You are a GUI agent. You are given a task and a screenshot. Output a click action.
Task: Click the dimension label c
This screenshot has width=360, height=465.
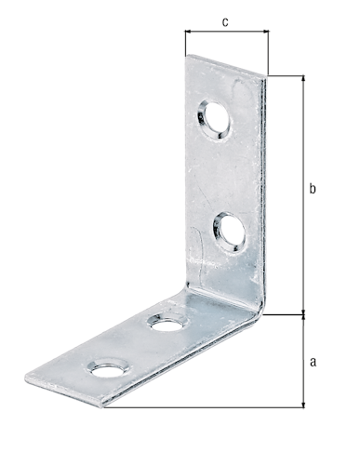click(x=225, y=22)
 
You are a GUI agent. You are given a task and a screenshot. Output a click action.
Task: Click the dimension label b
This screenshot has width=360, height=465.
click(x=313, y=188)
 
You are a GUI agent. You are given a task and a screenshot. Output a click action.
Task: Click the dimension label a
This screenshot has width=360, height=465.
click(x=313, y=362)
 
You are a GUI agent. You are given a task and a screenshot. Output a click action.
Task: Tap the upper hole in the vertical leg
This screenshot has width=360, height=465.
click(x=214, y=120)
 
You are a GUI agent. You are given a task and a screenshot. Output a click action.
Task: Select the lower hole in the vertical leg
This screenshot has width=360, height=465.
click(x=230, y=232)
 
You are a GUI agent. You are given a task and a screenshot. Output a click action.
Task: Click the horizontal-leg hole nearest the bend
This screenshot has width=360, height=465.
click(x=168, y=323)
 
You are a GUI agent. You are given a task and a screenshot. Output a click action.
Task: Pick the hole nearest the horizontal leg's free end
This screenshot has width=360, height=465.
click(x=108, y=369)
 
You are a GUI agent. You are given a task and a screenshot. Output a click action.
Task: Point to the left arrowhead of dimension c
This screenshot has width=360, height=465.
click(x=188, y=31)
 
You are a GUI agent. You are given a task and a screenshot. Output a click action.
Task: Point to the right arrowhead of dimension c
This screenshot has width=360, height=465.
click(x=266, y=31)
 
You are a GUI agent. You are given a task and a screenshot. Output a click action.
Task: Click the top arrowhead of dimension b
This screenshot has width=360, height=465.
click(x=303, y=79)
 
